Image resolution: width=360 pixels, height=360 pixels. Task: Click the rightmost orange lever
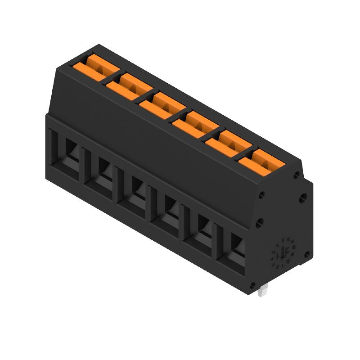click(261, 160)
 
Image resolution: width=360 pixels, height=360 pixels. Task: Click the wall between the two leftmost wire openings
click(83, 164)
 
